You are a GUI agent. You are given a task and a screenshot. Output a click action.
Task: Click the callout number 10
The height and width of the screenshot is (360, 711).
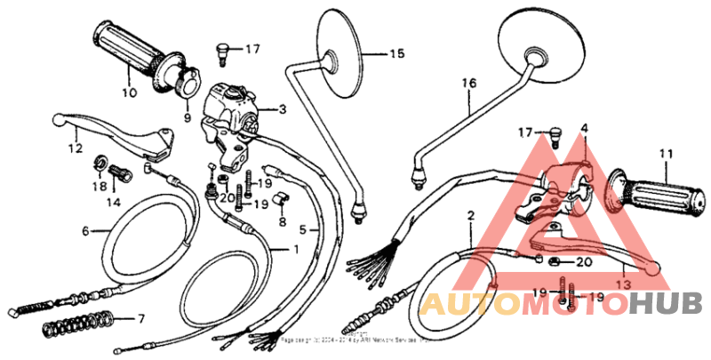(129, 92)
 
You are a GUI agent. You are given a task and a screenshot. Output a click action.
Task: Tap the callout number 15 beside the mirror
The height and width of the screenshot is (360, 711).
(395, 54)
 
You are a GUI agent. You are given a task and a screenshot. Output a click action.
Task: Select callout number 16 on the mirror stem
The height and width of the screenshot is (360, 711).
(463, 85)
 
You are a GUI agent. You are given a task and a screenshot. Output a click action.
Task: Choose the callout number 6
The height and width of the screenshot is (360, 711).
(86, 231)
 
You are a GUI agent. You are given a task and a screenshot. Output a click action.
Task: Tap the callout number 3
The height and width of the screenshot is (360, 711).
(283, 110)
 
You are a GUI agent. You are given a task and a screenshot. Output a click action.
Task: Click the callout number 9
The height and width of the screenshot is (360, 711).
(188, 116)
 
